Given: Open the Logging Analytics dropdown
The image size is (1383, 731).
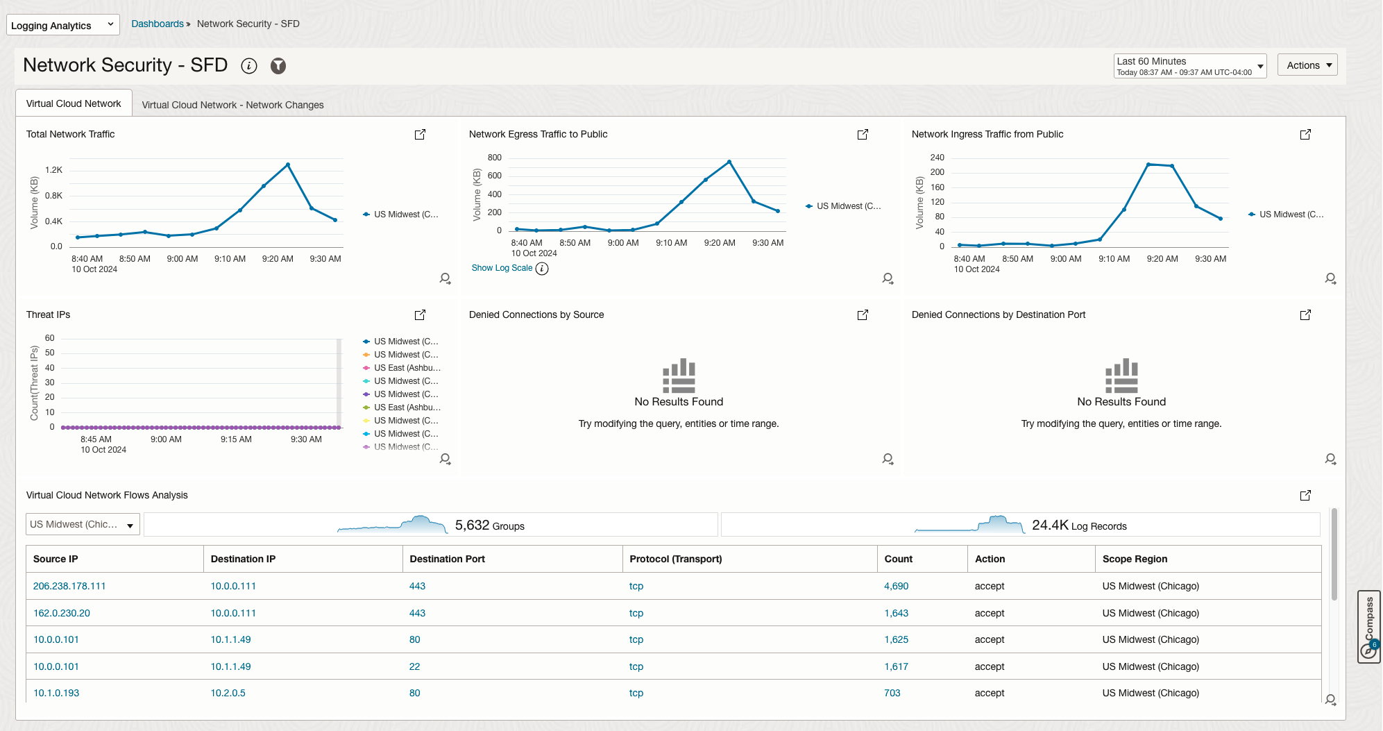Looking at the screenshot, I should (x=62, y=25).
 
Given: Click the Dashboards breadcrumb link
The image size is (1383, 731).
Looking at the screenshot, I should (x=158, y=24).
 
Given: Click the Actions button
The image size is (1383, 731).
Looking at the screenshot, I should (x=1307, y=65).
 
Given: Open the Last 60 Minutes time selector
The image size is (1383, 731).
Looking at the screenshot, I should (x=1189, y=66).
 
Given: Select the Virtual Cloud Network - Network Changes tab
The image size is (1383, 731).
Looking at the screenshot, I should (x=232, y=105).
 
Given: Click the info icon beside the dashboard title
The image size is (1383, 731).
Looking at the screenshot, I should (x=249, y=66).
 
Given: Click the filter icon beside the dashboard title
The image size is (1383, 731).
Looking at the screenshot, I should (x=278, y=66).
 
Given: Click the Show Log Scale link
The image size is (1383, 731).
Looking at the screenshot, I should (x=502, y=268).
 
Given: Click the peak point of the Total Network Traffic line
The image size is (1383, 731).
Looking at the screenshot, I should (x=288, y=165).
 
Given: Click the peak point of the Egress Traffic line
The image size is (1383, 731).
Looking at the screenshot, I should (x=729, y=162).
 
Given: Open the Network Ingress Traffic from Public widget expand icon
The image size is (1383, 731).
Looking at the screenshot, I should (x=1305, y=135).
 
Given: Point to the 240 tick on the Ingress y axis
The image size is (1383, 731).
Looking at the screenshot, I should (x=937, y=158).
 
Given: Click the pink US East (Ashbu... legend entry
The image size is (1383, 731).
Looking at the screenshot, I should (x=407, y=368).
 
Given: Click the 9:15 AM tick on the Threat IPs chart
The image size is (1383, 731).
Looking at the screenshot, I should (x=236, y=439).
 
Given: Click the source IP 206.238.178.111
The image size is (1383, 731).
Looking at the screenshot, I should (x=69, y=586).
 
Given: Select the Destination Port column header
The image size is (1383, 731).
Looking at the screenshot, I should (x=447, y=559).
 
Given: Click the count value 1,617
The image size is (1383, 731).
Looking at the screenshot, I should (x=896, y=666).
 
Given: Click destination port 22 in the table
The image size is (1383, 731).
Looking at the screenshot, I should (x=414, y=666).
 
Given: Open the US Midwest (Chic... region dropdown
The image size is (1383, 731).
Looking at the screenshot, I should (x=83, y=525).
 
